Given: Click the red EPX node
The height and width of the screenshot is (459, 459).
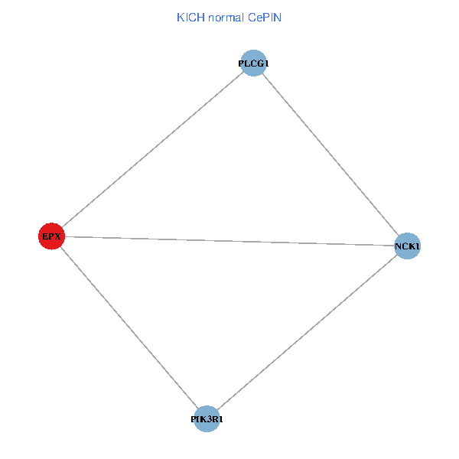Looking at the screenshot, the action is [x=51, y=236].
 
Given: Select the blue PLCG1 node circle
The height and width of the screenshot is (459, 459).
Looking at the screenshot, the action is [x=253, y=63].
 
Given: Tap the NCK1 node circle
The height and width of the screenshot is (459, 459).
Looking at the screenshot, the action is [x=407, y=246].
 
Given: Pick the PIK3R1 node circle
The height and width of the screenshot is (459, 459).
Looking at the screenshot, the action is [x=207, y=419].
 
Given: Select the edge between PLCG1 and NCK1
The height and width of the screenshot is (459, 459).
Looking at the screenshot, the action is [x=330, y=155].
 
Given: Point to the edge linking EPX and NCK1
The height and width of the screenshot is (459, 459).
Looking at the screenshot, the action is [x=229, y=241].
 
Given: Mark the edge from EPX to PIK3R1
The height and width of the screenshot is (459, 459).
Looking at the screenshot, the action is [x=129, y=327].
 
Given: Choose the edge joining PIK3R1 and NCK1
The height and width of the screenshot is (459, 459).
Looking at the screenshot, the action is [x=307, y=333].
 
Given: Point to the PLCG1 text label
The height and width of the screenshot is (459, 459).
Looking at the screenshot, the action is [x=253, y=63].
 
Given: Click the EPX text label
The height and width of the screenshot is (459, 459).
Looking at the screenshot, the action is [x=51, y=237].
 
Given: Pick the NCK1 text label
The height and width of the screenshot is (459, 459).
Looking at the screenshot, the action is [x=407, y=247].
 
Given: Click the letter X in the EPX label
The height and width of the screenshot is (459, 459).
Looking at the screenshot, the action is [x=57, y=237].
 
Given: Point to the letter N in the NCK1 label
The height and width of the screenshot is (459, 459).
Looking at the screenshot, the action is [x=398, y=247].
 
